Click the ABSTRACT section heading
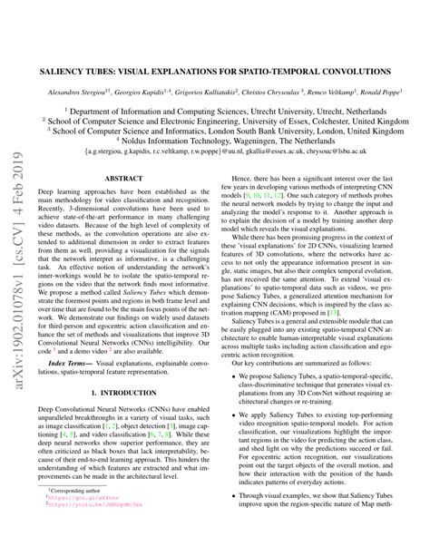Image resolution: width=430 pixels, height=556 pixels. pyautogui.click(x=122, y=179)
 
